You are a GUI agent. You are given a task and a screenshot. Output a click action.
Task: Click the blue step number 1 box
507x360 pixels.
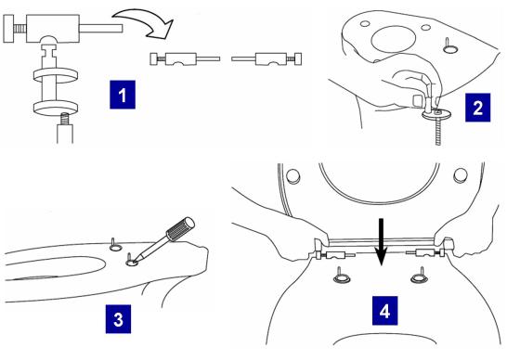click(123, 95)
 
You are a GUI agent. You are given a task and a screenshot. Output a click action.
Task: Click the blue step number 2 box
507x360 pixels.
click(477, 108)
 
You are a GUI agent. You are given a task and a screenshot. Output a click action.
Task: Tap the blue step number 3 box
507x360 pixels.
click(118, 319)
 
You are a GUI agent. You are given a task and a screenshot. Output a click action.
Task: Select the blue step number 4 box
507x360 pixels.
click(384, 311)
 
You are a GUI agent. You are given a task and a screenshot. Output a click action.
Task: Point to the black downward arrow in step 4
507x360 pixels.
click(382, 242)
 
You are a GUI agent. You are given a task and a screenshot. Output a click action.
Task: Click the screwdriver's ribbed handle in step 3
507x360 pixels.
click(180, 229)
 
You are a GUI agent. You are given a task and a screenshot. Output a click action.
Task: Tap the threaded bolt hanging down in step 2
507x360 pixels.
click(438, 131)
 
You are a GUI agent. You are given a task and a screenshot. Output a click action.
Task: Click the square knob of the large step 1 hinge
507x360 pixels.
click(8, 29)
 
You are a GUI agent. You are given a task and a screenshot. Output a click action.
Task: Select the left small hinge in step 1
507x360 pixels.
click(185, 59)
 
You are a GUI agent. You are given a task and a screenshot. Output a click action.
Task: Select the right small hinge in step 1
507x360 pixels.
click(266, 59)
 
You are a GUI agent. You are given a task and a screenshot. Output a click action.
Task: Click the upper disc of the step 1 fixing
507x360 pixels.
click(56, 75)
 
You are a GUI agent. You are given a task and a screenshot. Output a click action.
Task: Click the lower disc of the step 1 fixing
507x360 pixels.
click(56, 109)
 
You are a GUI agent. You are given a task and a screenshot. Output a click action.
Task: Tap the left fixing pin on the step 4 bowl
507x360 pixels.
click(341, 275)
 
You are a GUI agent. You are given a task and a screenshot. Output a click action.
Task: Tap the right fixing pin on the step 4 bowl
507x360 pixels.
click(419, 275)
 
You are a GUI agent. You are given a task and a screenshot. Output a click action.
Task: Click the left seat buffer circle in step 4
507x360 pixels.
click(293, 176)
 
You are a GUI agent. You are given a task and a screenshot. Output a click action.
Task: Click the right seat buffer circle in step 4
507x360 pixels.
click(461, 174)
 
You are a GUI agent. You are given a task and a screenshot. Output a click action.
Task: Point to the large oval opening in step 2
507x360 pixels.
click(394, 39)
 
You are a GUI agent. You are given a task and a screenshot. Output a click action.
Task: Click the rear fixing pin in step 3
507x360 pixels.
click(115, 245)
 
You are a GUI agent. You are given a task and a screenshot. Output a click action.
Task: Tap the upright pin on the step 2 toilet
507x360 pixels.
click(449, 45)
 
